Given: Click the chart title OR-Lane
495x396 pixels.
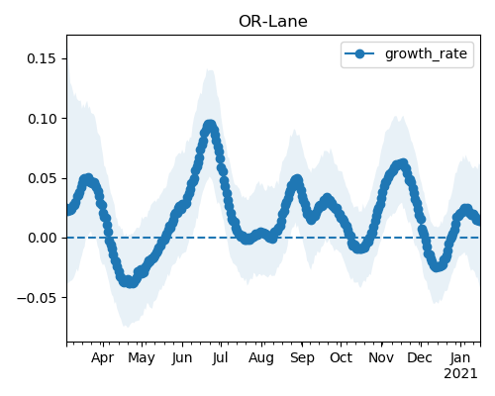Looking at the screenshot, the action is [x=273, y=22].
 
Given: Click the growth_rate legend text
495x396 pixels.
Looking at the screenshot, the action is [x=426, y=53].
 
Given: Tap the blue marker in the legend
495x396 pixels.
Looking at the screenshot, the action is [x=359, y=53].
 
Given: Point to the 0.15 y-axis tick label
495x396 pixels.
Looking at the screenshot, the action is [x=42, y=58].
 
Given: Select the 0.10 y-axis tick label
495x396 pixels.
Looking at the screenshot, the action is [x=42, y=119].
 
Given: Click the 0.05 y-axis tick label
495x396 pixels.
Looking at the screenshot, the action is [x=42, y=178].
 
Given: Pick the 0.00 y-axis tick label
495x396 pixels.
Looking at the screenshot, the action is [x=42, y=238].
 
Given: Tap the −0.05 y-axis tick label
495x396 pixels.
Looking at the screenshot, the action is [x=37, y=298].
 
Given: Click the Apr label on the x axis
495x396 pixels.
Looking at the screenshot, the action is [x=103, y=358].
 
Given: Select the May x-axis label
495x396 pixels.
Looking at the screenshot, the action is [x=142, y=358].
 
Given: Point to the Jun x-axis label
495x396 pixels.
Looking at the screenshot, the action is [x=182, y=358].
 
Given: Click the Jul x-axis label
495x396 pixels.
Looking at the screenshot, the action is [x=220, y=358].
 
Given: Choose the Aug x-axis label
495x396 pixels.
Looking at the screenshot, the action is [x=261, y=358].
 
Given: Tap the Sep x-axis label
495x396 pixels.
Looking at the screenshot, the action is [x=302, y=358].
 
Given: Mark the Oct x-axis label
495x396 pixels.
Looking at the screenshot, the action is [x=342, y=358].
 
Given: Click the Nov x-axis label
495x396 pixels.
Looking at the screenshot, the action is [x=381, y=358].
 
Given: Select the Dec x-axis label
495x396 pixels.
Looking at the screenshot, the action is [x=420, y=358].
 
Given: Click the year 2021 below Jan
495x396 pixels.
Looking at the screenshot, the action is [x=460, y=374].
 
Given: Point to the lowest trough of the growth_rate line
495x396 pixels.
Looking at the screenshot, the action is [x=131, y=282].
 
